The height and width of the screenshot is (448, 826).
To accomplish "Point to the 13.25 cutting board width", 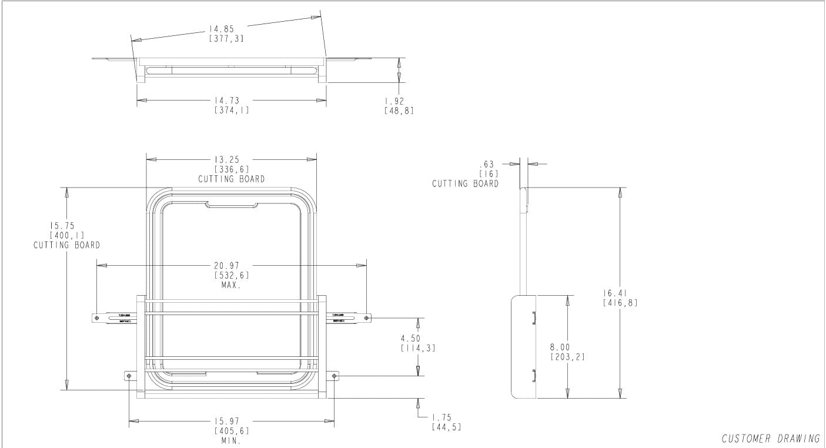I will [x=231, y=159].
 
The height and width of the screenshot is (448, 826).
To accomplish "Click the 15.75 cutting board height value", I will [x=66, y=225].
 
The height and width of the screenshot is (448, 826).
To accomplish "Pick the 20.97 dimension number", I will [x=231, y=265].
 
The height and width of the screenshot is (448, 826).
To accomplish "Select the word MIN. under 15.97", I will [x=231, y=440].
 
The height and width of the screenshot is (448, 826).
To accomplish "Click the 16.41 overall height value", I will [x=620, y=293].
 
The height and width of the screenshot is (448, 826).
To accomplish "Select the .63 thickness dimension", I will [x=488, y=164].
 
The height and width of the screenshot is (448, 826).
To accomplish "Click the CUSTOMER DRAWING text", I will [x=770, y=439].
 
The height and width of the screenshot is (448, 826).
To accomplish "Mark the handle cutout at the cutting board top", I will [x=232, y=205].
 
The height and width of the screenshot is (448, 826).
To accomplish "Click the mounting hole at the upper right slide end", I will [x=366, y=317].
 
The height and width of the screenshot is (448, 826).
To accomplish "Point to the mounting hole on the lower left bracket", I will [x=129, y=375].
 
